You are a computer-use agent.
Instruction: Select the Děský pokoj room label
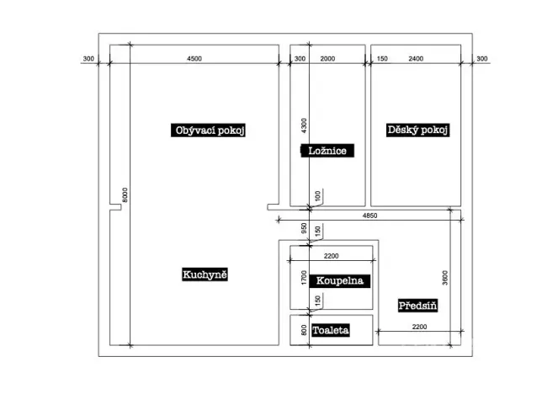418,130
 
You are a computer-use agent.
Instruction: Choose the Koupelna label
340,280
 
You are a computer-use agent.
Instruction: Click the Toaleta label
330,331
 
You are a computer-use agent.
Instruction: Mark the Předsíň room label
417,306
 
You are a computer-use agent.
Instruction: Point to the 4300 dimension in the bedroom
305,125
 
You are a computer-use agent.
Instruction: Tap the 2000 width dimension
328,58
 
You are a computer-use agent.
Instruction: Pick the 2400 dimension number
416,58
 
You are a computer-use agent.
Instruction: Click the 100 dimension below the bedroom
317,195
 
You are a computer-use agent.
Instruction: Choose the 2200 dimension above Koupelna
332,255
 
